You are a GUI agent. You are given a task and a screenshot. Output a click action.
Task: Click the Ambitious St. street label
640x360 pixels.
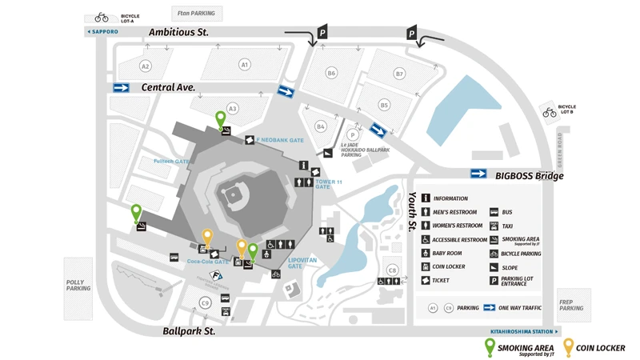coord(178,33)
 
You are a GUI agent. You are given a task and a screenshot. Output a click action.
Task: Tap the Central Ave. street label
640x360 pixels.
coord(168,87)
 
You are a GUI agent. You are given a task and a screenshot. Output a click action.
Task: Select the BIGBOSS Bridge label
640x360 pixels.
coord(529,176)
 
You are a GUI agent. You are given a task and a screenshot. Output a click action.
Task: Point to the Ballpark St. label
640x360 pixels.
coord(189,330)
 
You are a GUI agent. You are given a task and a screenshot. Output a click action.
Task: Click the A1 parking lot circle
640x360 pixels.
coord(245,65)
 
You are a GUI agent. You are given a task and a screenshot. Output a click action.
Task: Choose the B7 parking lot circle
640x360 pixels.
coord(399,74)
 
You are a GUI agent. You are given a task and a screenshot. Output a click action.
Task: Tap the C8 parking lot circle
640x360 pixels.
coord(392,270)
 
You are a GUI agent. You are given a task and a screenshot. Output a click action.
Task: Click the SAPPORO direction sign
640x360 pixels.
coord(102,32)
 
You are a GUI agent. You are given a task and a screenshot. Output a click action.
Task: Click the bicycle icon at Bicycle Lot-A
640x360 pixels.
coord(102,17)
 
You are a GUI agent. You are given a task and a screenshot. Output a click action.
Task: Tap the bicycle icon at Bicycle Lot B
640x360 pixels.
coord(550,113)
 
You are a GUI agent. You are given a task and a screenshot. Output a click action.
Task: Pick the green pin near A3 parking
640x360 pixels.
coord(221,120)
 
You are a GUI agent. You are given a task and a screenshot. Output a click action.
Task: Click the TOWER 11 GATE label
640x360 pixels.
coord(328,185)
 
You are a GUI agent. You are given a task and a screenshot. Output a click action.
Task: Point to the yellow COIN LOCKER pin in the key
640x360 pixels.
coord(569,347)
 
